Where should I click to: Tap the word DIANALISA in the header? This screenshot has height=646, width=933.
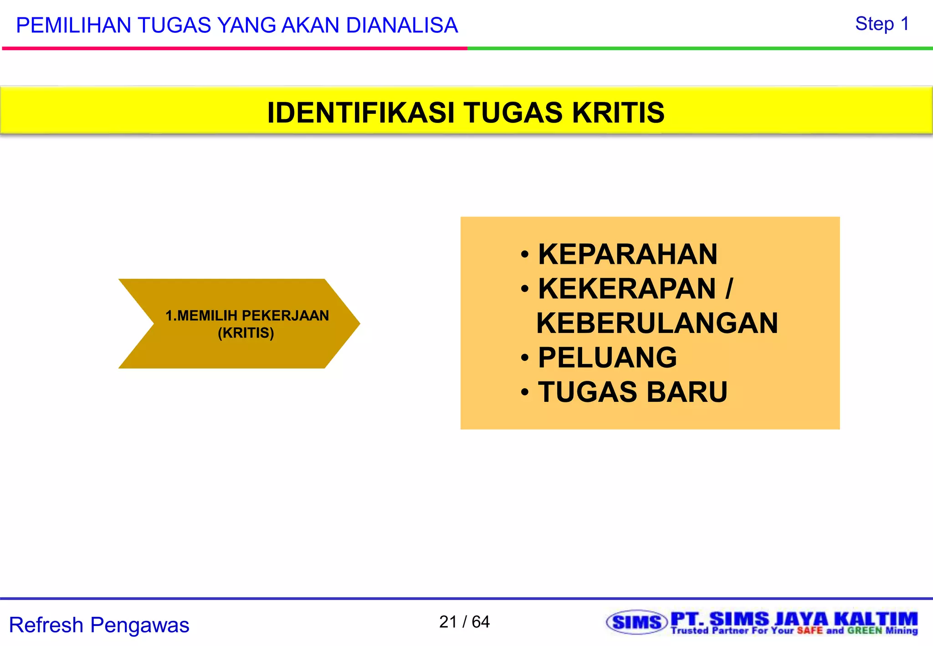pyautogui.click(x=402, y=25)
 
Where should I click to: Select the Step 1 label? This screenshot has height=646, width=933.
pyautogui.click(x=882, y=24)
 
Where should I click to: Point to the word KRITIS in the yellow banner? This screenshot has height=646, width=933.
pyautogui.click(x=618, y=113)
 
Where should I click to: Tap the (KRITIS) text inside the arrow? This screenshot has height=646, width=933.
pyautogui.click(x=246, y=333)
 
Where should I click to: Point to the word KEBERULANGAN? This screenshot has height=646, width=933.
pyautogui.click(x=657, y=323)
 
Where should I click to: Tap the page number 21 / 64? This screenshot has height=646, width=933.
pyautogui.click(x=464, y=621)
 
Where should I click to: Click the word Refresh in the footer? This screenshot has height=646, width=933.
pyautogui.click(x=46, y=625)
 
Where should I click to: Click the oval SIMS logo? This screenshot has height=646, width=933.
pyautogui.click(x=636, y=622)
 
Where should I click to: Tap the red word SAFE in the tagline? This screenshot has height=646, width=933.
pyautogui.click(x=810, y=631)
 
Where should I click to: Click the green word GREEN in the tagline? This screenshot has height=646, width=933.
pyautogui.click(x=864, y=631)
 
